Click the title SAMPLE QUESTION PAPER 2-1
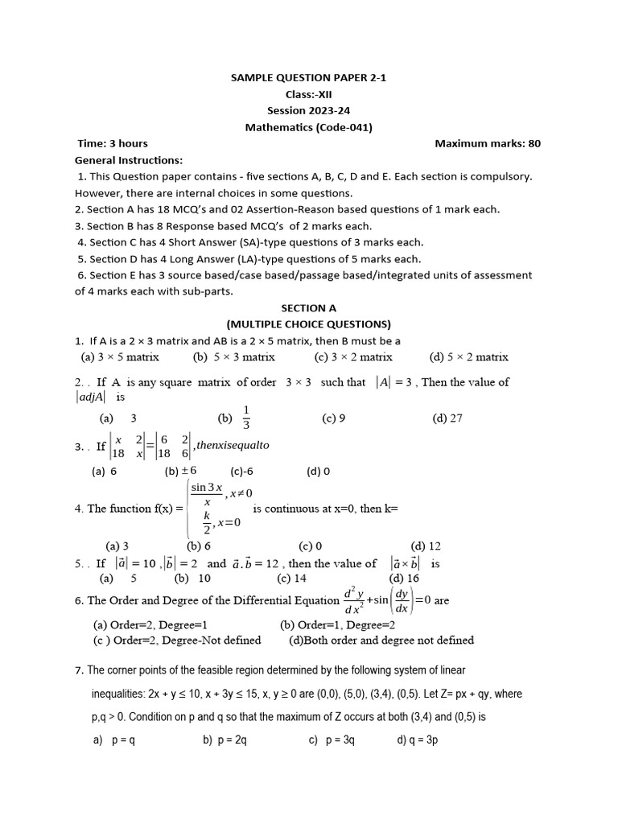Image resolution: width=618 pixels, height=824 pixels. [308, 77]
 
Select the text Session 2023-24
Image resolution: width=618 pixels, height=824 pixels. [308, 110]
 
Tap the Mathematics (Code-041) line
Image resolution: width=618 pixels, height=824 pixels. [308, 127]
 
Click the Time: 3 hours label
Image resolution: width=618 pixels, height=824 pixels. [113, 143]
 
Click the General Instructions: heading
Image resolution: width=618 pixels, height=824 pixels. [129, 159]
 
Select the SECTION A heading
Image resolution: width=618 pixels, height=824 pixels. [308, 307]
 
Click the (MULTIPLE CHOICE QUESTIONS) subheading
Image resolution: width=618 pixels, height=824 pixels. [308, 324]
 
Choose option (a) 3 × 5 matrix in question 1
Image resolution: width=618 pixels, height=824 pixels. [121, 356]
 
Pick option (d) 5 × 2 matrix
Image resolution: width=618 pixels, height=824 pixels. [469, 356]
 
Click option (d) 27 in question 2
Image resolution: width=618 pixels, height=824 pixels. [447, 418]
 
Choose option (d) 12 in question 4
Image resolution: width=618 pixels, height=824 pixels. [426, 546]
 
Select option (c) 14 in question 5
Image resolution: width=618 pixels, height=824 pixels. [292, 578]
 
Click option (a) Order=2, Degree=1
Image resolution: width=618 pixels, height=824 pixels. [151, 624]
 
